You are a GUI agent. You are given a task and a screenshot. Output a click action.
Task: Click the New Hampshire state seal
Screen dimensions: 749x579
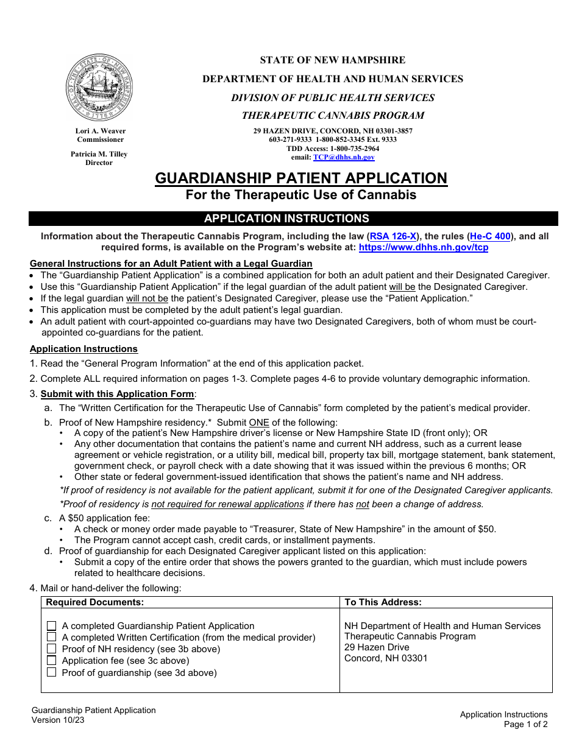click(99, 87)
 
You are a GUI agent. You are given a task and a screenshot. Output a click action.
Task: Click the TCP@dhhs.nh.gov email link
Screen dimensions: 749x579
click(344, 157)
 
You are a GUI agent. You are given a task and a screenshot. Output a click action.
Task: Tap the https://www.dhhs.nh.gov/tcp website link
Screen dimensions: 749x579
click(423, 247)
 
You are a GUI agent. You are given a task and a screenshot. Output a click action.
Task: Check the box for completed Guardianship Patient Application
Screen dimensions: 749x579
click(52, 626)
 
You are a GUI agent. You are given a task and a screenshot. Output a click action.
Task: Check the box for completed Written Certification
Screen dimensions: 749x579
click(52, 637)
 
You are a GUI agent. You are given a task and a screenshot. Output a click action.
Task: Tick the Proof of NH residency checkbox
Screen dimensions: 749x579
click(52, 649)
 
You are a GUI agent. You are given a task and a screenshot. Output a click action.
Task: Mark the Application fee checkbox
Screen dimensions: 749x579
click(52, 661)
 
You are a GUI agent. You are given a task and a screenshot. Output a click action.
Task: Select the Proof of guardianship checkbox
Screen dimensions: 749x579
click(52, 672)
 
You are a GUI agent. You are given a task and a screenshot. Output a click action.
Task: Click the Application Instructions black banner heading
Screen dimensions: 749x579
click(286, 219)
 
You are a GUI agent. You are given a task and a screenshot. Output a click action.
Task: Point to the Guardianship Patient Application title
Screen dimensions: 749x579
click(301, 178)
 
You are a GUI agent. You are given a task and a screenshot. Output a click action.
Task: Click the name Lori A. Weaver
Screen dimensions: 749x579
click(101, 131)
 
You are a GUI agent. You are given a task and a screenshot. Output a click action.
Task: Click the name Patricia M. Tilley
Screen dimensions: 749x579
click(99, 154)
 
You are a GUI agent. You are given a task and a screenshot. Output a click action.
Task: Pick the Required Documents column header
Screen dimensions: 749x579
click(95, 602)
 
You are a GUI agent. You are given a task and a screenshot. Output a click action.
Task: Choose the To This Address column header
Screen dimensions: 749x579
click(383, 602)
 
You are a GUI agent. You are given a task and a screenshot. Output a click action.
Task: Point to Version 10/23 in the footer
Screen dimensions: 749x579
click(59, 720)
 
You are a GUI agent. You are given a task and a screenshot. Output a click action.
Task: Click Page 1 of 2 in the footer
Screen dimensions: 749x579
click(525, 724)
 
